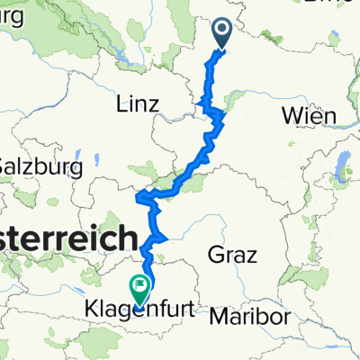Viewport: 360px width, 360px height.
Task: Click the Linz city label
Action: (x=138, y=104)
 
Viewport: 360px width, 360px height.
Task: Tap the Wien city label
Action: (x=309, y=115)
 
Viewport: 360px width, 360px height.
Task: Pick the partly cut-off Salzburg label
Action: (x=41, y=166)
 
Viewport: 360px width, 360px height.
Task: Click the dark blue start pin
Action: (x=222, y=34)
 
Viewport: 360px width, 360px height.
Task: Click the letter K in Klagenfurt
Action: (x=91, y=311)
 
